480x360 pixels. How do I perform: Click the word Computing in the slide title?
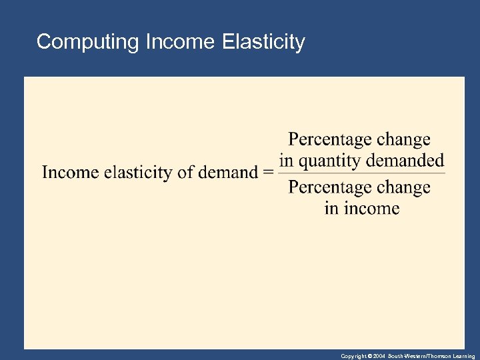(x=87, y=42)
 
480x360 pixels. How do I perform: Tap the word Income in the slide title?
(x=178, y=42)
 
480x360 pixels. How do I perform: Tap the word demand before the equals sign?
(x=227, y=173)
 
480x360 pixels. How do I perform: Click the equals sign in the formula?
(x=268, y=173)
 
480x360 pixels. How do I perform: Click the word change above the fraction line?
(x=404, y=140)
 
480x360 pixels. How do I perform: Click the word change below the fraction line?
(x=404, y=188)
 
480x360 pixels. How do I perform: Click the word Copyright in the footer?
(x=353, y=357)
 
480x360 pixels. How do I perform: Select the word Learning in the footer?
(x=463, y=357)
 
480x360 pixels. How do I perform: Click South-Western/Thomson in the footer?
(x=417, y=357)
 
